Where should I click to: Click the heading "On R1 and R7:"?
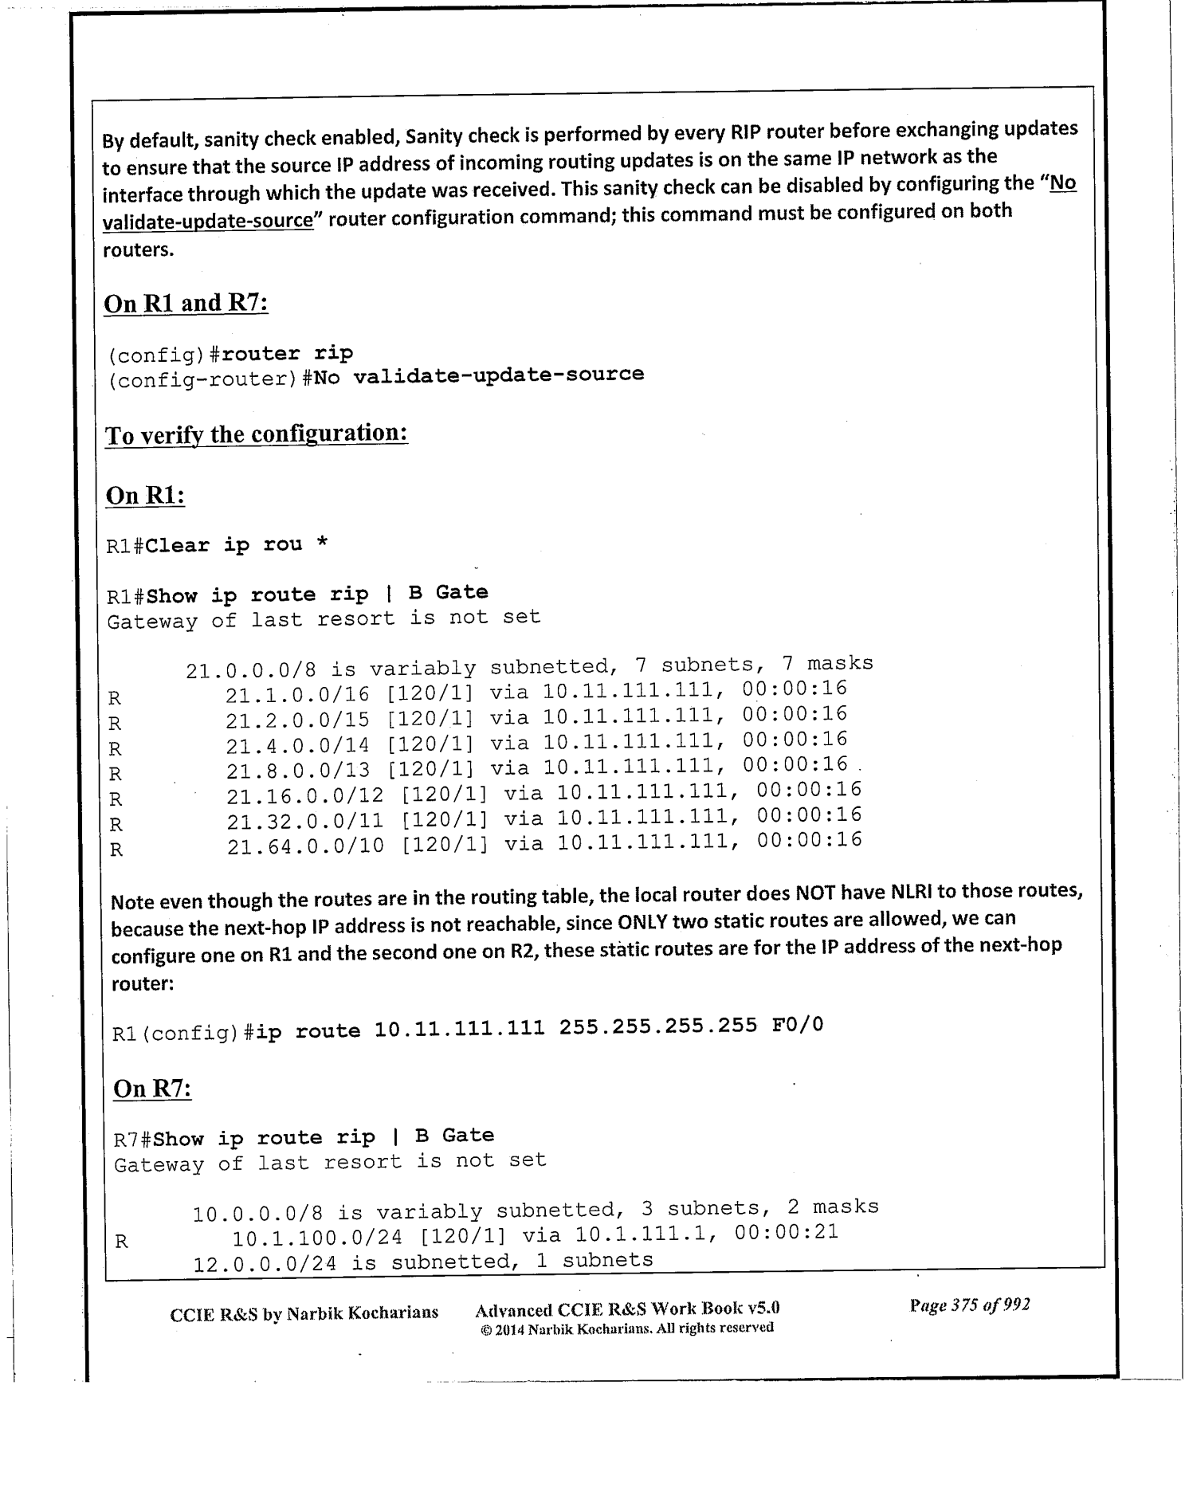(x=186, y=304)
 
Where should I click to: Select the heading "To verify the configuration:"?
(x=257, y=434)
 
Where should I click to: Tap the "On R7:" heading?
(x=152, y=1089)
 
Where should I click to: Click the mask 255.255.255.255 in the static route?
(x=658, y=1026)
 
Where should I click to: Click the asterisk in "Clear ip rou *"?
(x=321, y=544)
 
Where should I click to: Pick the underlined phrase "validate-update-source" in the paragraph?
(x=208, y=221)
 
